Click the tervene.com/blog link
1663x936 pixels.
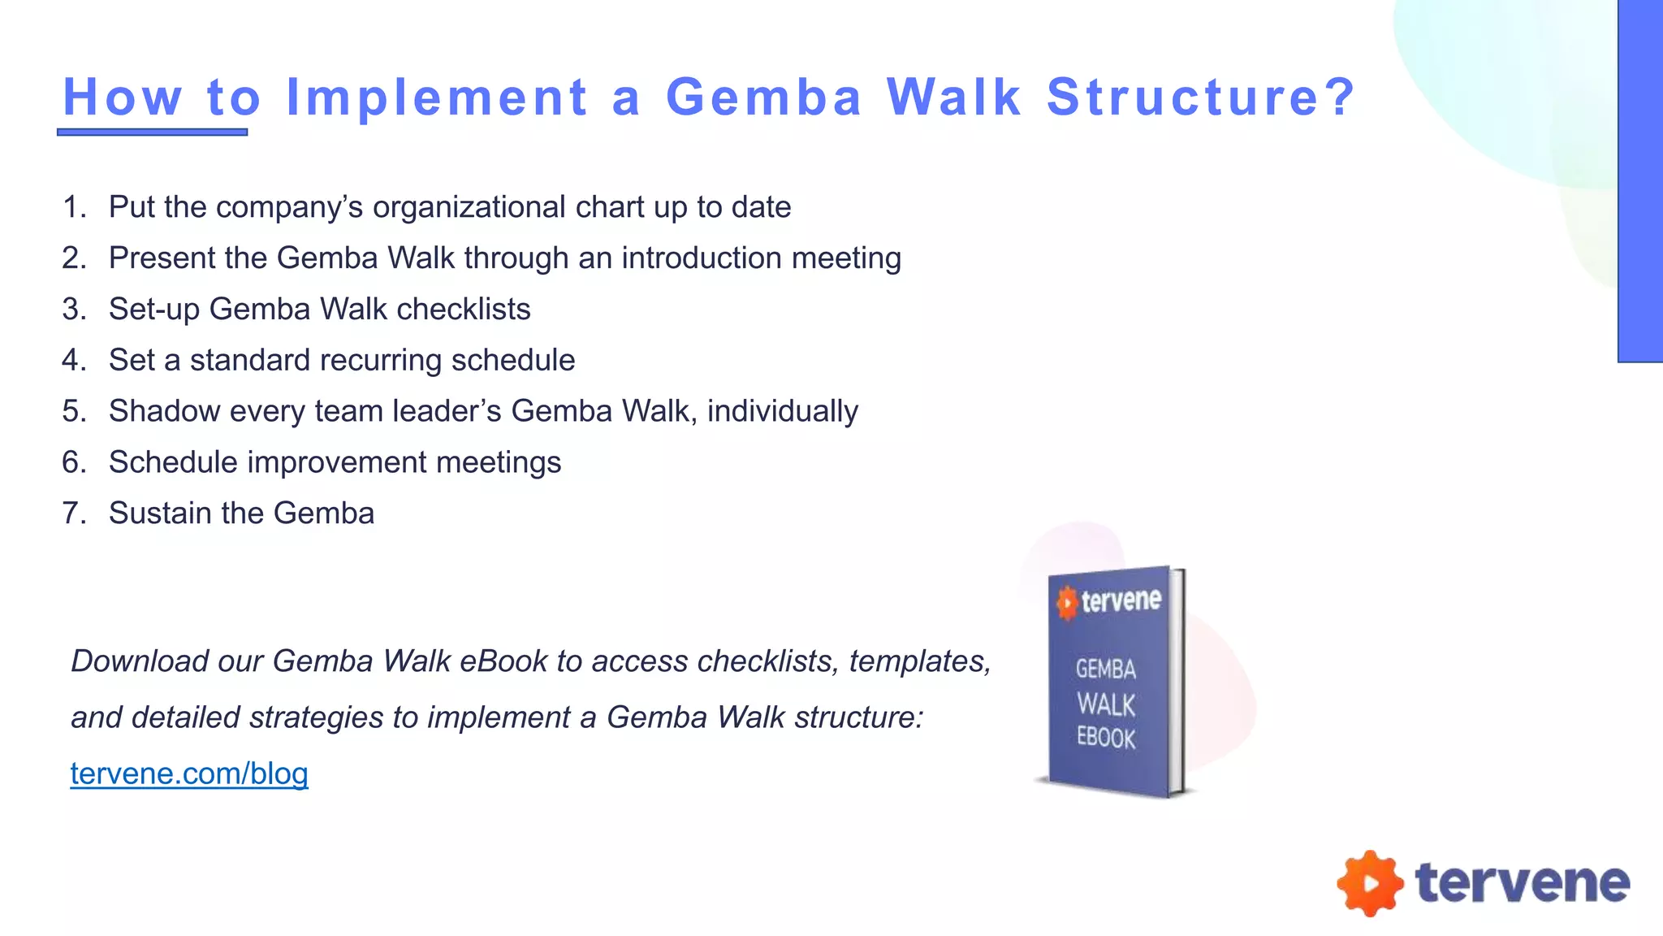pos(188,773)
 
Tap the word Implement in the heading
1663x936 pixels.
pos(437,97)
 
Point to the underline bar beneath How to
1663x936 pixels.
pos(152,132)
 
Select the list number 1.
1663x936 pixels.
pos(73,207)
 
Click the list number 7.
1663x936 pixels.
pos(73,513)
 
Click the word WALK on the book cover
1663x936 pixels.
pos(1106,704)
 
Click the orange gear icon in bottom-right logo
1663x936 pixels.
pos(1370,883)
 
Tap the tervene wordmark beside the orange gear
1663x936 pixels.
pos(1522,883)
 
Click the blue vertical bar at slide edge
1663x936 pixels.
pos(1640,180)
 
